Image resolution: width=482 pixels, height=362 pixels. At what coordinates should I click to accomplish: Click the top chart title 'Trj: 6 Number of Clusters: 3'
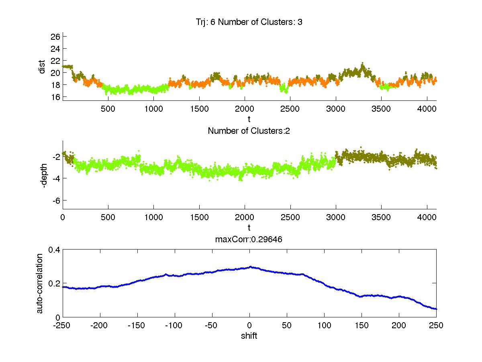(x=247, y=22)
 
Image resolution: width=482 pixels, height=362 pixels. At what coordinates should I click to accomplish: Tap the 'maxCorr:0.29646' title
(x=249, y=239)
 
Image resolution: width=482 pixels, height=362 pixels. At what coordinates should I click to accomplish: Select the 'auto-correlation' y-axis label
(x=40, y=283)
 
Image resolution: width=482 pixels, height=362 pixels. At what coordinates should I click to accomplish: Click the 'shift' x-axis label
(x=249, y=336)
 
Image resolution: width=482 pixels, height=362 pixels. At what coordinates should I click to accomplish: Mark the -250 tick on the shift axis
(x=63, y=325)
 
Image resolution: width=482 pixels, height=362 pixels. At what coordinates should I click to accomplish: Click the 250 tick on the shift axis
(x=436, y=325)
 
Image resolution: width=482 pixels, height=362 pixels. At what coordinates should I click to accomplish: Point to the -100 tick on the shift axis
(x=175, y=325)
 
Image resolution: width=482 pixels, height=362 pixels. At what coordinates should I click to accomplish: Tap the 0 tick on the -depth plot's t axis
(x=63, y=217)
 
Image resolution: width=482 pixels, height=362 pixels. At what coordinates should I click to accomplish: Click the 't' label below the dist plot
(x=249, y=119)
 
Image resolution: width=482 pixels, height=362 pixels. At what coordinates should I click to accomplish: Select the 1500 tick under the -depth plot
(x=200, y=217)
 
